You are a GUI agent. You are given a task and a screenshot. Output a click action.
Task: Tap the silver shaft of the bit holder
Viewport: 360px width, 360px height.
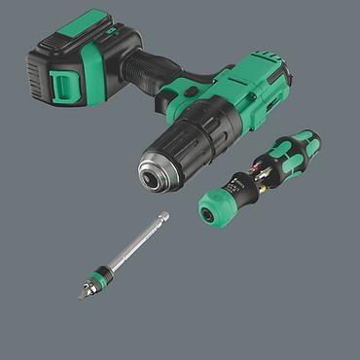pos(131,244)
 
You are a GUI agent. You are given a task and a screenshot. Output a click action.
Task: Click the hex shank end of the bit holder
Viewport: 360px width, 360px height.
pos(162,216)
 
